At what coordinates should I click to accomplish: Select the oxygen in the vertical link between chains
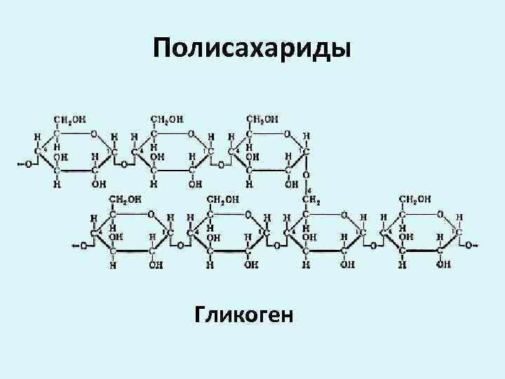306,175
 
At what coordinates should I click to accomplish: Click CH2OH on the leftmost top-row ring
70,119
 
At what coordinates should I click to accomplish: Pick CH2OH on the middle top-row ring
166,119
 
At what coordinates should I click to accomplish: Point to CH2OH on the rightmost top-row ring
260,119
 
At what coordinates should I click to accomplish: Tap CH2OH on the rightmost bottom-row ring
415,200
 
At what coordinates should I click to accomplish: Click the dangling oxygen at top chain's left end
27,165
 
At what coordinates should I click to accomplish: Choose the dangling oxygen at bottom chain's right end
469,246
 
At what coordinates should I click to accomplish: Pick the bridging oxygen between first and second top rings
123,165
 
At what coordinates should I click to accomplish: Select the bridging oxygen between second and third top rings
220,165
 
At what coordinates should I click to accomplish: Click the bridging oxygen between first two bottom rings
180,246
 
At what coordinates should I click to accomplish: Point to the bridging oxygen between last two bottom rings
372,246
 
